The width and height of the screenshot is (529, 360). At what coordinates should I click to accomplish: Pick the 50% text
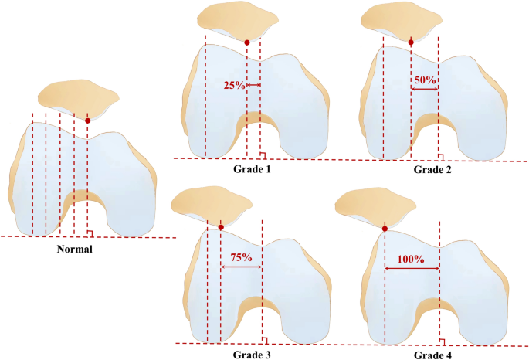[425, 80]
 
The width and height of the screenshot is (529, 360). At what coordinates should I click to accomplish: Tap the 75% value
[241, 258]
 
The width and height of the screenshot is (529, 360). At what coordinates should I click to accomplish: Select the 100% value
[411, 259]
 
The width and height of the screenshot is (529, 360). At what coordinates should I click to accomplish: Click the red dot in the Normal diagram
[88, 121]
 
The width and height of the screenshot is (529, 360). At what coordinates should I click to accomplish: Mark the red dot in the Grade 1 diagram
[246, 42]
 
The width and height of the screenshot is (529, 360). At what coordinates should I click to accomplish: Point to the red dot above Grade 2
[411, 42]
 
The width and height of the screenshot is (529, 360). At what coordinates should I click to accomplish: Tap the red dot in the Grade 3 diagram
[221, 227]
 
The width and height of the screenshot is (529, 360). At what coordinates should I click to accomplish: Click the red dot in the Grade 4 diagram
[385, 228]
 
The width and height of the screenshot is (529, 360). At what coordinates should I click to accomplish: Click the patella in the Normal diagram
[80, 97]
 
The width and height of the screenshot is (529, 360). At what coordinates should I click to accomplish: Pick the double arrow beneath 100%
[412, 268]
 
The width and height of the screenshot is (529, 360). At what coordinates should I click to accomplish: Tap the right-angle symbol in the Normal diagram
[91, 233]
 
